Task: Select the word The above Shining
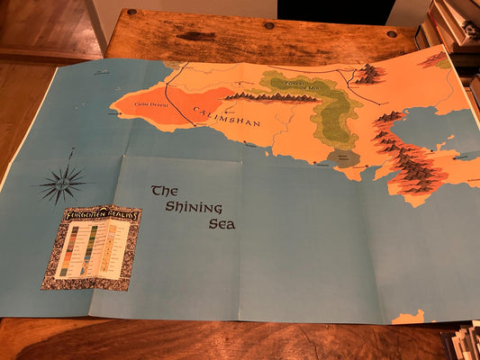(x=162, y=190)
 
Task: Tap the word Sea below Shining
(x=222, y=223)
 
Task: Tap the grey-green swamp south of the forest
(x=342, y=158)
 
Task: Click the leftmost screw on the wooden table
(x=131, y=13)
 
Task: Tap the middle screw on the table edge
(x=268, y=25)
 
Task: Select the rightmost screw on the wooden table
(x=391, y=33)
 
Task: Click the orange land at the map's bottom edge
(x=409, y=317)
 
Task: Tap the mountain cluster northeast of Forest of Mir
(x=367, y=74)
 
